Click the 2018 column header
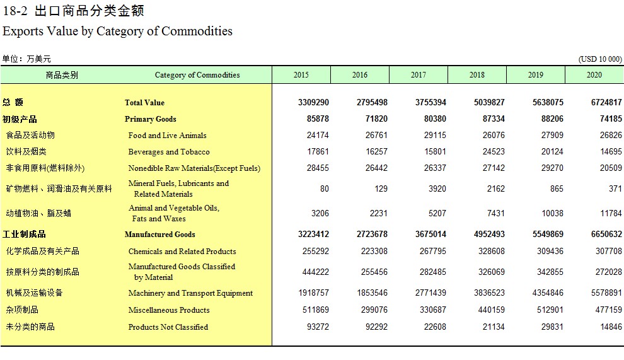point(477,75)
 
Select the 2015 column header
point(301,75)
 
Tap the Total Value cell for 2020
point(606,102)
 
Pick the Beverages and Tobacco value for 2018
point(494,152)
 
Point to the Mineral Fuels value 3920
point(437,189)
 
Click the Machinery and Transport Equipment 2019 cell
point(548,293)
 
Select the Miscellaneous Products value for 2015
point(316,310)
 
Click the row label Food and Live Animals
point(167,136)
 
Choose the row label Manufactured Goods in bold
point(159,235)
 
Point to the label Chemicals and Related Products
point(182,252)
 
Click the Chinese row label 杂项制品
point(22,310)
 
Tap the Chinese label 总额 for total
point(13,102)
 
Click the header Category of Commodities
point(197,75)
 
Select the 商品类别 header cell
point(62,75)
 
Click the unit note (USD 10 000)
point(599,59)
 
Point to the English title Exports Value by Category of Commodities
point(117,31)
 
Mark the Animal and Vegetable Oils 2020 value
point(611,214)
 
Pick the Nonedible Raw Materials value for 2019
point(552,168)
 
